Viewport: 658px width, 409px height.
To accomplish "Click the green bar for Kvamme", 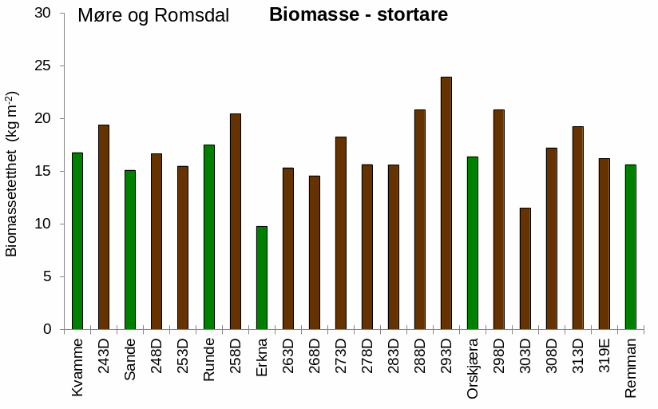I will [x=77, y=240].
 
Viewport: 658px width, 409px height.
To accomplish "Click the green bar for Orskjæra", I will [x=473, y=243].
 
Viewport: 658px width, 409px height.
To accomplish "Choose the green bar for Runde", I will [x=209, y=236].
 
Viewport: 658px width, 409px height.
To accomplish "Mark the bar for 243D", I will [x=104, y=227].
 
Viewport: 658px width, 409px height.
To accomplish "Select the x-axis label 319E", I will [x=604, y=359].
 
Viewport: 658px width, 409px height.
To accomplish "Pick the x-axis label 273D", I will [x=341, y=359].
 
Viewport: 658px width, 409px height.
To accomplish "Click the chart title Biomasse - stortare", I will [x=358, y=15].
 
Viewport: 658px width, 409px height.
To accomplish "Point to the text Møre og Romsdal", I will [x=153, y=16].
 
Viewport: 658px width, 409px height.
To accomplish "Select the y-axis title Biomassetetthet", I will [x=12, y=174].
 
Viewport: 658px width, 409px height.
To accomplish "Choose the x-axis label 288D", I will [x=420, y=359].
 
